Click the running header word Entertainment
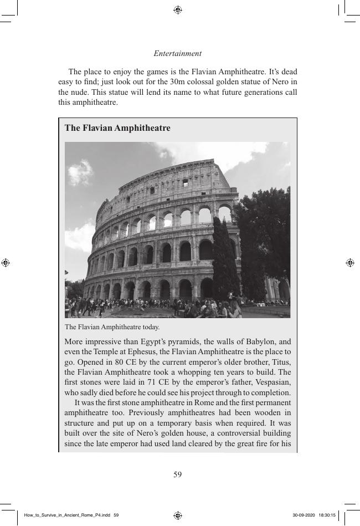coord(177,54)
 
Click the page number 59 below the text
coord(177,474)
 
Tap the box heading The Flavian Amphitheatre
coord(117,128)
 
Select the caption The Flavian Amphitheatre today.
coord(112,327)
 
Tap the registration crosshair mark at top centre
coord(178,10)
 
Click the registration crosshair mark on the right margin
coord(349,263)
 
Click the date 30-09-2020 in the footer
coord(304,515)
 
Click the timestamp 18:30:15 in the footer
coord(327,515)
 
